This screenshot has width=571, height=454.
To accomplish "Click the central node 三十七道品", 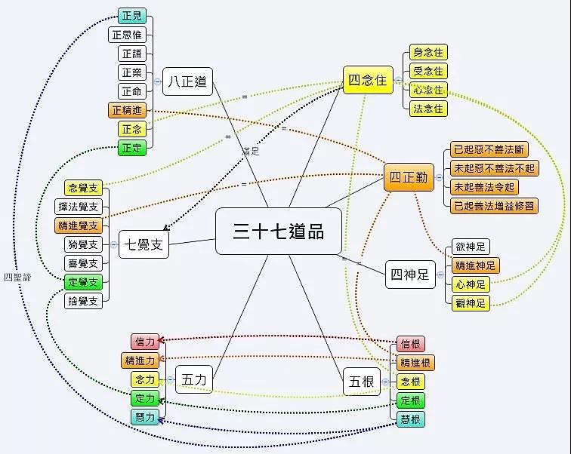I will pos(278,232).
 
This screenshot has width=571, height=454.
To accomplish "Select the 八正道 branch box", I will pos(187,81).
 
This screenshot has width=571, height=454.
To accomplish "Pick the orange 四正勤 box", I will pos(408,178).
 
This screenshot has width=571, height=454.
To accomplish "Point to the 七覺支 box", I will pos(144,244).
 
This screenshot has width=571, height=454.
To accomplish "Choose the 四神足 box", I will pos(411,275).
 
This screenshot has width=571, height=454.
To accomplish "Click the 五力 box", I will pos(194,379).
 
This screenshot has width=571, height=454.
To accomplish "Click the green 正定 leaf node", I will pos(131,148).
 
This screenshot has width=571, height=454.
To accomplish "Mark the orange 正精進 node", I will pos(127,110).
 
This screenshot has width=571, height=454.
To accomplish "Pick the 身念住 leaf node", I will pos(428,53).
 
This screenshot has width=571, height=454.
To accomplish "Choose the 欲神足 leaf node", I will pos(471,247).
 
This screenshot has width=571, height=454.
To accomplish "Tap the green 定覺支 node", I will pos(83,283).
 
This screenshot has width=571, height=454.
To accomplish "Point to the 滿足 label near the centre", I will pos(251,152).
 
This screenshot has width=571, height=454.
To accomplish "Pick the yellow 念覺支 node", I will pos(83,187).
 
